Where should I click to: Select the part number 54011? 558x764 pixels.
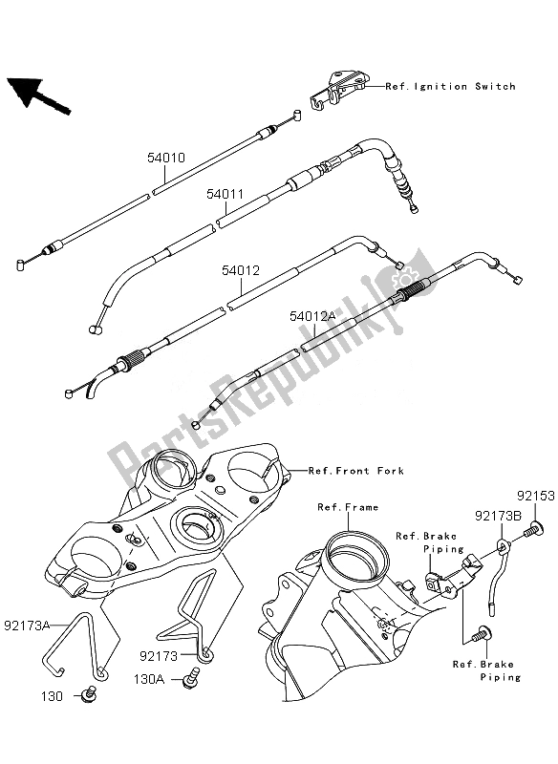pyautogui.click(x=226, y=193)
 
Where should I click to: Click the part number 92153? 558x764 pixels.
pyautogui.click(x=532, y=498)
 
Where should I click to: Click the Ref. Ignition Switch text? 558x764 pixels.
pyautogui.click(x=450, y=87)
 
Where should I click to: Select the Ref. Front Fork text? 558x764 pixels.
pyautogui.click(x=355, y=471)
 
